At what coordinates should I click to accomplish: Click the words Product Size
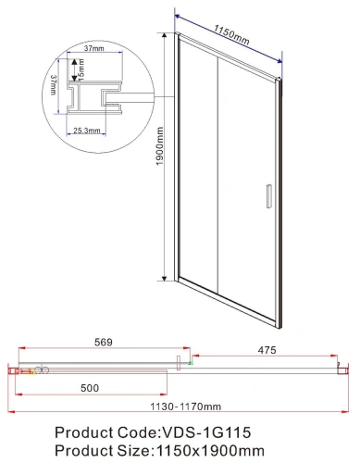(102, 451)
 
